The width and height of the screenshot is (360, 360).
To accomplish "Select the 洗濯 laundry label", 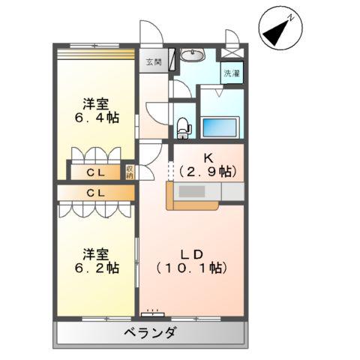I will tap(230, 73).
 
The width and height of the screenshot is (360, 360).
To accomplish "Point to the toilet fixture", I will tap(184, 127).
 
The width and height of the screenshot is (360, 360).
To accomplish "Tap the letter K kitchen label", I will tap(209, 158).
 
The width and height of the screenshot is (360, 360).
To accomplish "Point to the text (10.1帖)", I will tap(193, 266).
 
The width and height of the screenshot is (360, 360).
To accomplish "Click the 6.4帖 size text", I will tap(97, 118).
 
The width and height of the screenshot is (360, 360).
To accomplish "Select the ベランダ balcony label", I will tap(150, 333).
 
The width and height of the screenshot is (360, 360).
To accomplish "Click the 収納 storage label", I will tap(130, 171).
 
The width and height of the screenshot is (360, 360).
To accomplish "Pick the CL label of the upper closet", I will tap(94, 173).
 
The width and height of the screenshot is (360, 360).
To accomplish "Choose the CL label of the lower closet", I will tap(94, 193).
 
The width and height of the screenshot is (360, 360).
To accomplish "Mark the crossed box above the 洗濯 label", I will tap(230, 54).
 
